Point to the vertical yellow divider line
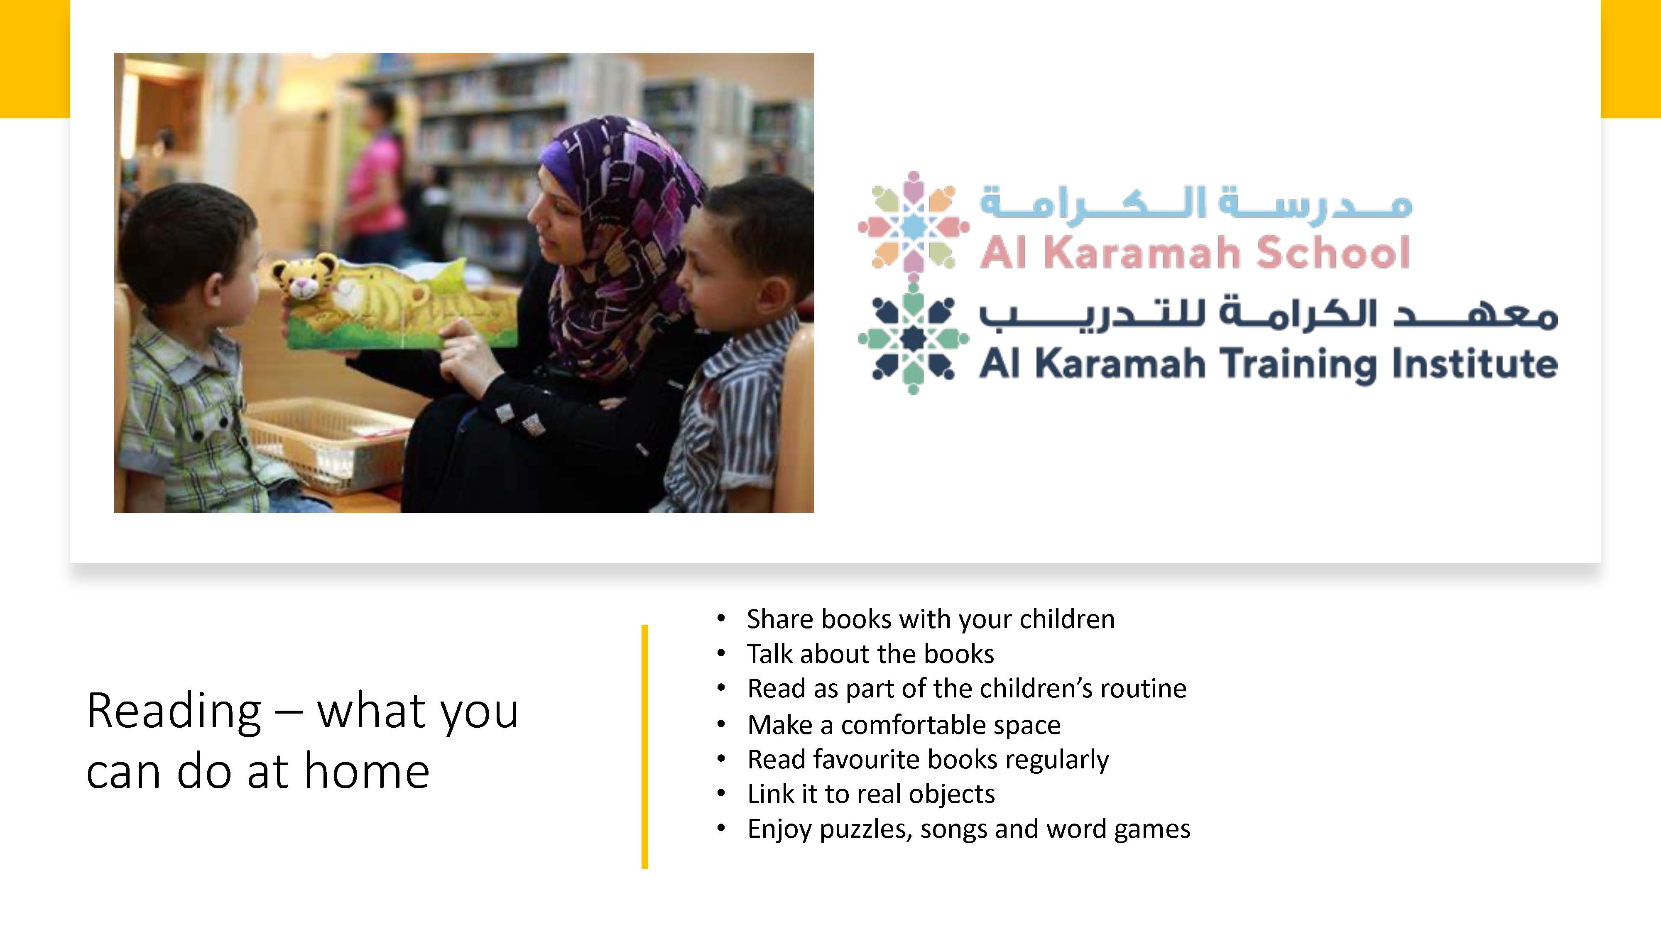coord(644,746)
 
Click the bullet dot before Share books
coord(722,619)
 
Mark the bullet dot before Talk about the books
coord(722,654)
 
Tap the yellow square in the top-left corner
coord(35,59)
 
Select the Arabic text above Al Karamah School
coord(1196,203)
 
